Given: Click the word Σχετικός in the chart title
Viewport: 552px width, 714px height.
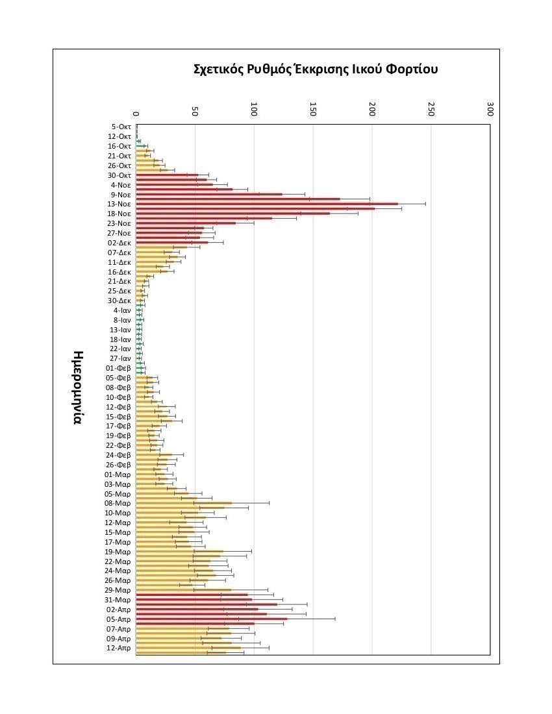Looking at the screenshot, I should (x=218, y=69).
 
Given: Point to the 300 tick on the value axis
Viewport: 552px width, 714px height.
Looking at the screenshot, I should (x=490, y=109).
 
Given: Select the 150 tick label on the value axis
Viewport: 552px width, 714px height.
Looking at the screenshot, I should (x=313, y=109).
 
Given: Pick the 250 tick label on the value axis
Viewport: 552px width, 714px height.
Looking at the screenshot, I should (x=431, y=109).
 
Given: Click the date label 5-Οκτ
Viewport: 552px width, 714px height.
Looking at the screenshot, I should (x=121, y=127).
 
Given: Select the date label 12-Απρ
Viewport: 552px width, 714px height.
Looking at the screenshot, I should (x=119, y=648).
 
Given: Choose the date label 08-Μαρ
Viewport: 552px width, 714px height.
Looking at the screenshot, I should (x=118, y=503).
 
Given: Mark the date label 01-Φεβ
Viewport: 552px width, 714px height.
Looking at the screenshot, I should (x=119, y=368).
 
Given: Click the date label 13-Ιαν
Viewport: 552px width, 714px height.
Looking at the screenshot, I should (x=121, y=329).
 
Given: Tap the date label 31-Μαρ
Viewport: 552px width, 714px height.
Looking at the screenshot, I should (x=118, y=600).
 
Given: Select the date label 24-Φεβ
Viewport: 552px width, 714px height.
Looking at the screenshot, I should (x=119, y=455).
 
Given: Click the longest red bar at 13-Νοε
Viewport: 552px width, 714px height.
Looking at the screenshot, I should (x=266, y=204).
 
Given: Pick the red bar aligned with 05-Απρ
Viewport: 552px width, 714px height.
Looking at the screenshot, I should (x=211, y=619).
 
